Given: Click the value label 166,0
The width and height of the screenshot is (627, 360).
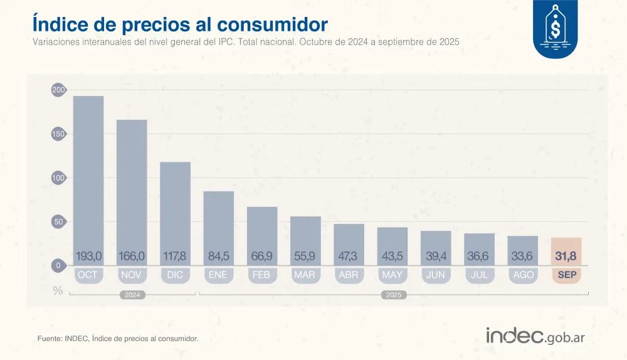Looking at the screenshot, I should coord(132,256).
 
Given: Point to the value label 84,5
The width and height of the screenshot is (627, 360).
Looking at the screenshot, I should coord(218,256).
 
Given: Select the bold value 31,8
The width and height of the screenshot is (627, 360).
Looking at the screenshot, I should coord(566,256).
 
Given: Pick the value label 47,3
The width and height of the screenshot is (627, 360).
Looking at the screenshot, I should coord(349,256).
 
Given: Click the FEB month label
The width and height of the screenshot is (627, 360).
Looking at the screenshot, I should coord(261,275).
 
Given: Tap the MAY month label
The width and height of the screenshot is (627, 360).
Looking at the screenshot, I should coord(392,275).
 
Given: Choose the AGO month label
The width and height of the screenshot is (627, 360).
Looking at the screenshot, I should coord(522,275).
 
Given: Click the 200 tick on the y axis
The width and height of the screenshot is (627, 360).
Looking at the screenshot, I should coord(58,91).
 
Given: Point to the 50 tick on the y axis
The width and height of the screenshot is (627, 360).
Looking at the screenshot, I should coord(58,222).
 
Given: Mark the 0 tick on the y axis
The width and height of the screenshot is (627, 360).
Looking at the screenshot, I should coord(58,266).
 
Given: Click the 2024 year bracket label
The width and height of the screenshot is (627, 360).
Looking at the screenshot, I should coord(132,295).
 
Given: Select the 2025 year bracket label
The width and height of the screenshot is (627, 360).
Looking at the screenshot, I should coord(393,295).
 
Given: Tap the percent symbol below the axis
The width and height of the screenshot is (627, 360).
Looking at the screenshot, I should coord(58,290).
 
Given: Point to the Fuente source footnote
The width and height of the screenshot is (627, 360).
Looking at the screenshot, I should coord(118,339).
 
